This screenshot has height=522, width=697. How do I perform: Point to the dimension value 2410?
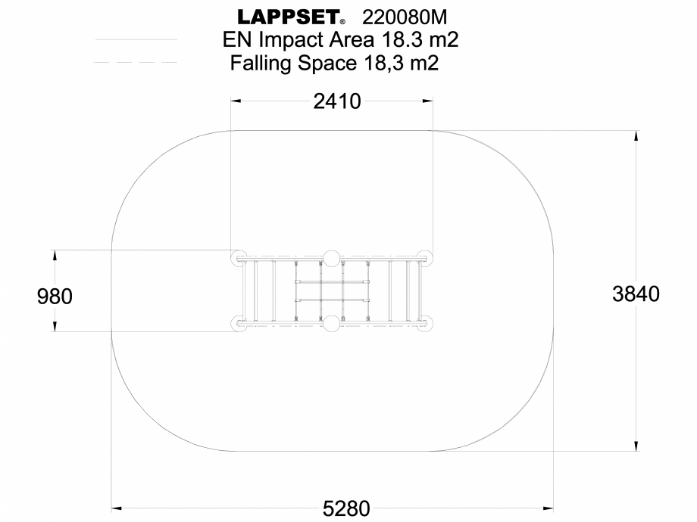pyautogui.click(x=337, y=101)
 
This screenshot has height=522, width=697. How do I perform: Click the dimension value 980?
pyautogui.click(x=55, y=297)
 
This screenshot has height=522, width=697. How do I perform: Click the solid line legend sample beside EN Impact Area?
pyautogui.click(x=136, y=39)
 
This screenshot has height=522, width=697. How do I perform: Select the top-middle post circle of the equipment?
pyautogui.click(x=331, y=257)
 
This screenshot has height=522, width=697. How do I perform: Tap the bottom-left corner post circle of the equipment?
pyautogui.click(x=238, y=325)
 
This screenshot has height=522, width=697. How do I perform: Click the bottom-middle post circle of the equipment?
pyautogui.click(x=331, y=325)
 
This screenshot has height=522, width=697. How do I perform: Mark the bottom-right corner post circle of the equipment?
pyautogui.click(x=424, y=325)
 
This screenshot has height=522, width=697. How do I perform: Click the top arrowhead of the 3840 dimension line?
pyautogui.click(x=636, y=135)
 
